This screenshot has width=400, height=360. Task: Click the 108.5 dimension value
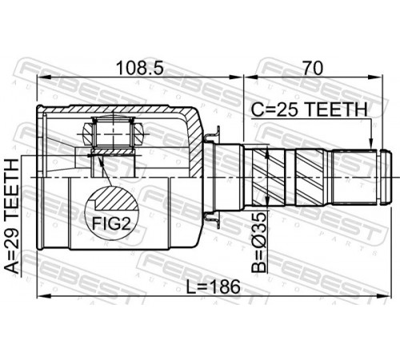140,68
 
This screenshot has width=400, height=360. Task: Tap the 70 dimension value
313,68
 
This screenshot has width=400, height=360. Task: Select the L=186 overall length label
213,287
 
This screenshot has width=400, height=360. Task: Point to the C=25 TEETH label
310,110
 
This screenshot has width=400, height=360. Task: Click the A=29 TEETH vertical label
12,216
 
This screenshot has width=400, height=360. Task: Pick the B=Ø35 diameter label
259,242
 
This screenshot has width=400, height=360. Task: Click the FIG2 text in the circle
111,223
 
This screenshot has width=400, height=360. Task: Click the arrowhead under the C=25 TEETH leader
370,144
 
